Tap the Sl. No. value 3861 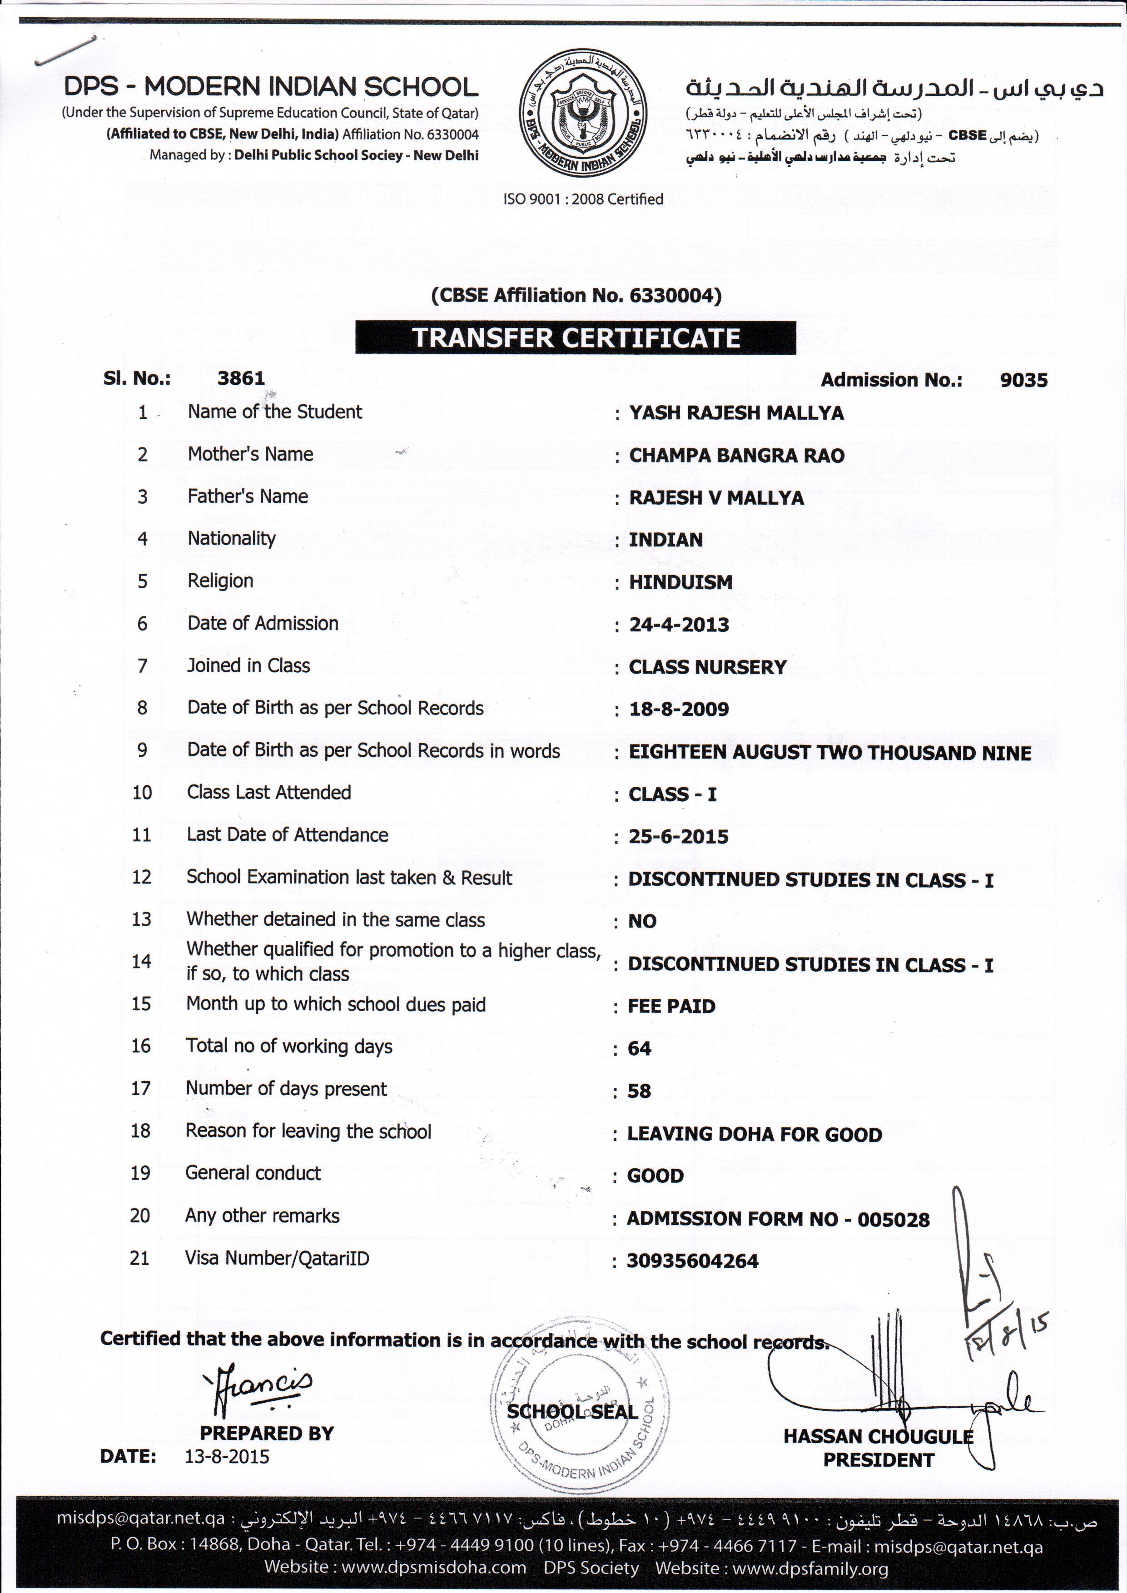coord(241,378)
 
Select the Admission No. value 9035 coord(1023,380)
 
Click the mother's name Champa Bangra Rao coord(736,456)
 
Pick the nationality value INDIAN coord(665,540)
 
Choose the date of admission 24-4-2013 coord(679,625)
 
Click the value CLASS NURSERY coord(707,667)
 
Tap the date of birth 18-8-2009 coord(679,709)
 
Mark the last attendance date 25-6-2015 coord(678,836)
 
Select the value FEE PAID coord(671,1006)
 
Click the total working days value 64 coord(639,1048)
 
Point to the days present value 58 coord(639,1091)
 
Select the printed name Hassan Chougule coord(878,1436)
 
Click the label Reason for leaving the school coord(308,1131)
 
